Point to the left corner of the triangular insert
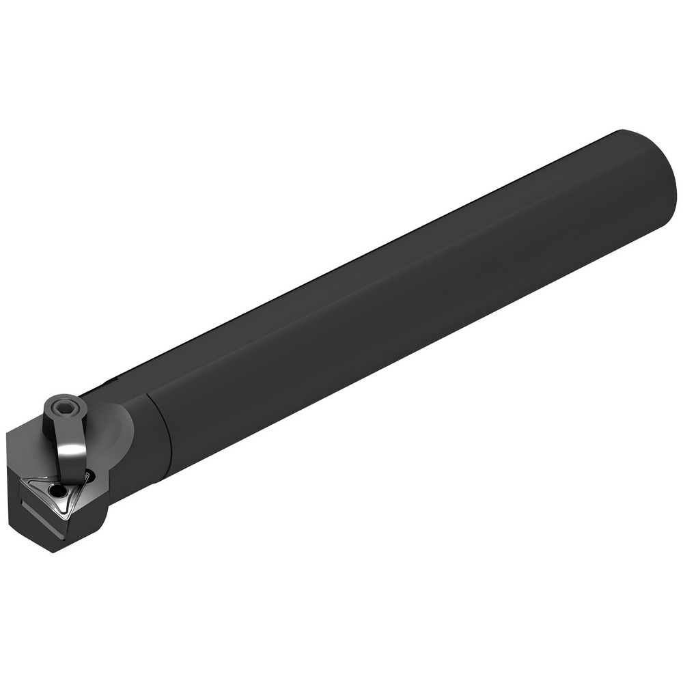(22, 481)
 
